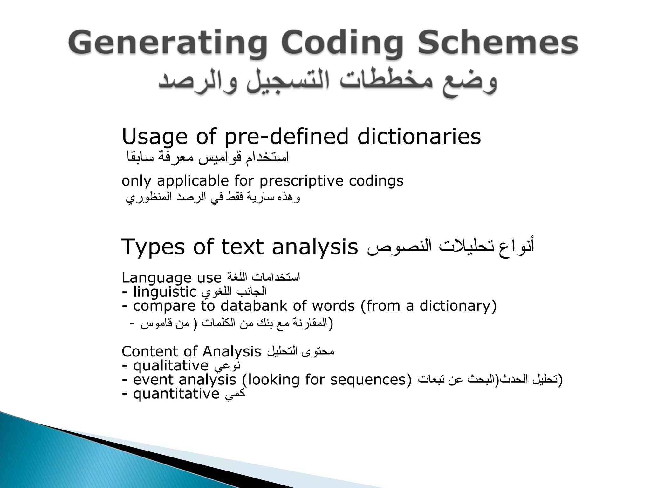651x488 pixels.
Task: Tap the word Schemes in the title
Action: (x=497, y=43)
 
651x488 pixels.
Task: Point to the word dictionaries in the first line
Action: (x=419, y=137)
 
